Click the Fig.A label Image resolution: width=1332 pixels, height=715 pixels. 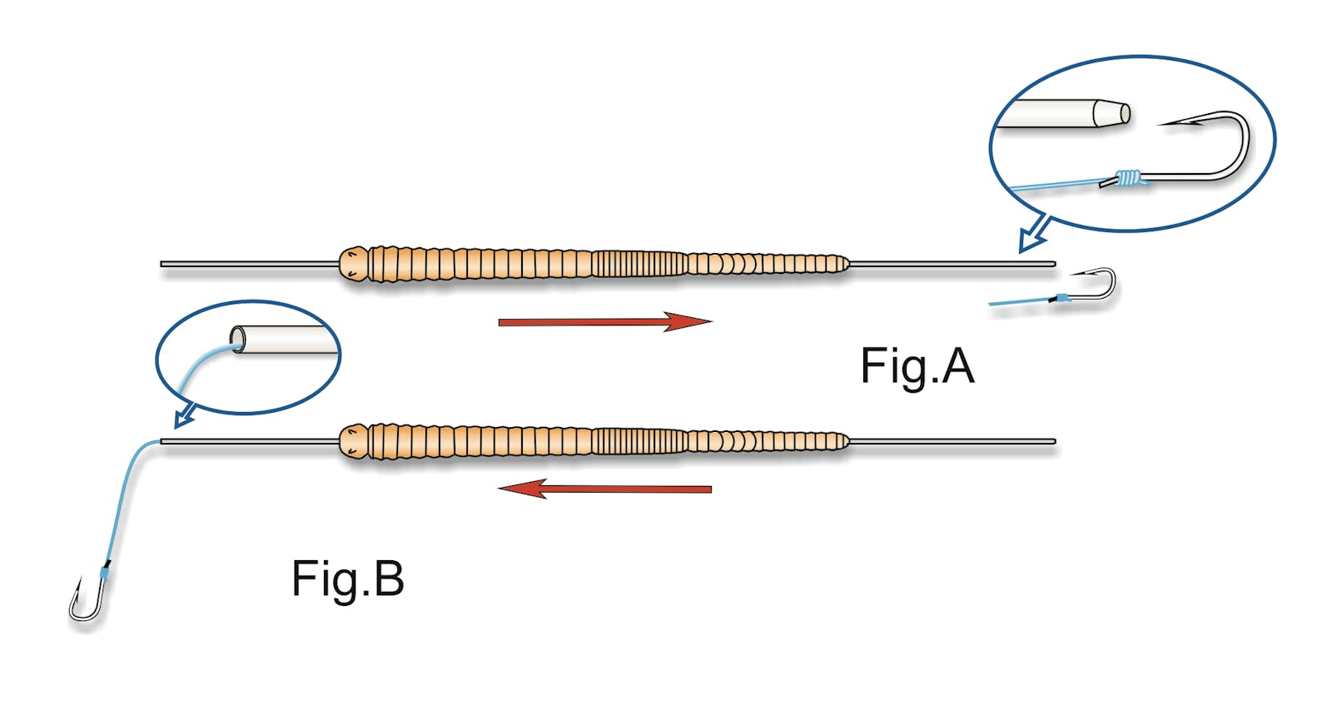click(x=917, y=366)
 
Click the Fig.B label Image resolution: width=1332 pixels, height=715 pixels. click(x=347, y=579)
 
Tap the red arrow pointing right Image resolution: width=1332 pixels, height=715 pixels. click(x=605, y=321)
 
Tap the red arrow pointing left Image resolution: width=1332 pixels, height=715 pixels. click(x=605, y=489)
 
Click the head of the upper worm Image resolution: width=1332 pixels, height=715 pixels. click(x=354, y=264)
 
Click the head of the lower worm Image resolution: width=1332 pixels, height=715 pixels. click(x=354, y=441)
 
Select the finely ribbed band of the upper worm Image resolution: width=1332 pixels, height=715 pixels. click(x=639, y=265)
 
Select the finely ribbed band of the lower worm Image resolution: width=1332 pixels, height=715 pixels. click(x=639, y=441)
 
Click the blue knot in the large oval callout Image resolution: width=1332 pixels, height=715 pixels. click(x=1129, y=177)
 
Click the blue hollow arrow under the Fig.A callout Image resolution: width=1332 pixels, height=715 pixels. click(x=1033, y=235)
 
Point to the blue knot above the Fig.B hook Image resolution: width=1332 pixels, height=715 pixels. click(x=104, y=572)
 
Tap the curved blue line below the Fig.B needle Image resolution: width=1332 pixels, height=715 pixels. click(x=125, y=499)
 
